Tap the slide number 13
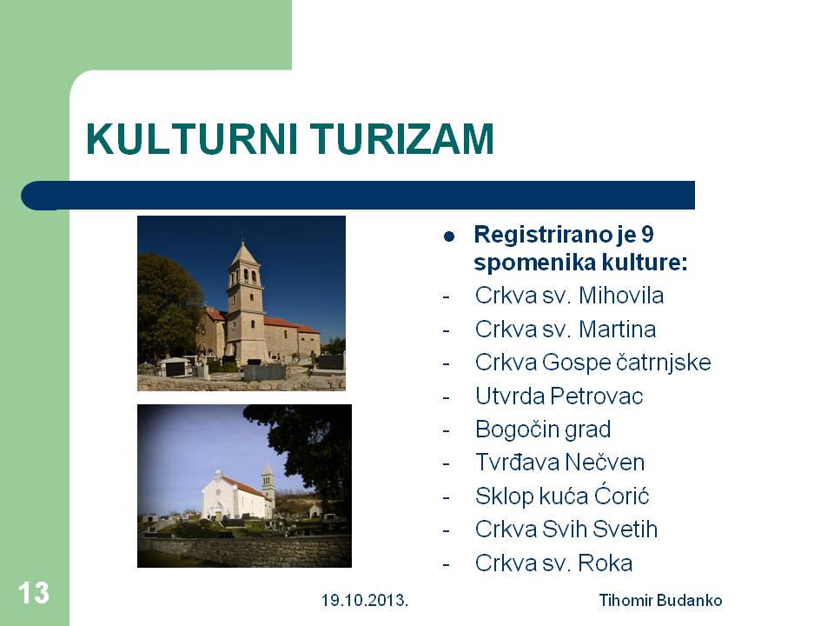34,592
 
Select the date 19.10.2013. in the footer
364,601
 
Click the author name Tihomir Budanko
660,601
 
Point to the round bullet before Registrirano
449,236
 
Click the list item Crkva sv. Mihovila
569,296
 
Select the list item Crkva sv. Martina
566,329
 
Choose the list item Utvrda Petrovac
559,396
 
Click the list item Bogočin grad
543,430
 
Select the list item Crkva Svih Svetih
566,529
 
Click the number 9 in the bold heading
646,234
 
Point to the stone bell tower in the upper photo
245,301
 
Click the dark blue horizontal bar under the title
358,196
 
